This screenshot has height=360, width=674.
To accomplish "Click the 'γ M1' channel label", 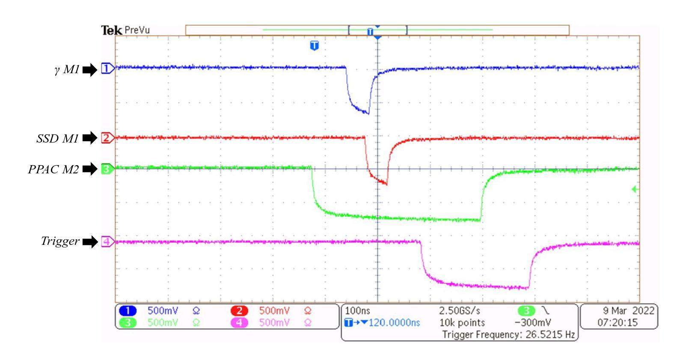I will click(x=67, y=70).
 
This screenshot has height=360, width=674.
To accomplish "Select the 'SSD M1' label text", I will click(x=57, y=138).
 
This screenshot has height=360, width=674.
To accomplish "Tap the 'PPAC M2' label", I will click(x=53, y=170).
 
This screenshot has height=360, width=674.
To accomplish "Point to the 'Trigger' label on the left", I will click(x=60, y=241).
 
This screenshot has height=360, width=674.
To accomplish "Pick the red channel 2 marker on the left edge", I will click(x=107, y=138).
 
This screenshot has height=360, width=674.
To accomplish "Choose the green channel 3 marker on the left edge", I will click(x=107, y=169).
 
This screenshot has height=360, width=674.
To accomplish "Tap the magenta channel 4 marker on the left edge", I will click(x=107, y=242).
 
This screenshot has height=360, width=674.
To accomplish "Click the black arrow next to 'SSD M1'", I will click(x=90, y=138).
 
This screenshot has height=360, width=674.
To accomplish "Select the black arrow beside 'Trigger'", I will click(x=90, y=242).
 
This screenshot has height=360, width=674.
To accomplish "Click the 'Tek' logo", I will click(x=111, y=30).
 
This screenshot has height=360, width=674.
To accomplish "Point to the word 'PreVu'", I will click(x=137, y=30).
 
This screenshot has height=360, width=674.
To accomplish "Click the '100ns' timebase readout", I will click(x=357, y=310).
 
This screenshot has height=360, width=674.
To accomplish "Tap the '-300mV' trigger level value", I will click(x=533, y=322).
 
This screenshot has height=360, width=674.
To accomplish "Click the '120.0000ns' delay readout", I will click(x=394, y=322).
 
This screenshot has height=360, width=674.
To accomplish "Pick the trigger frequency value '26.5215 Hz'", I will click(x=549, y=334).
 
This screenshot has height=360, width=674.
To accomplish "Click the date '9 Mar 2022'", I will click(x=628, y=310).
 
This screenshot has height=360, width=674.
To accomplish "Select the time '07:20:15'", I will click(x=618, y=322).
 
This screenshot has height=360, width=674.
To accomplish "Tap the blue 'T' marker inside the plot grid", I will click(x=315, y=45).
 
